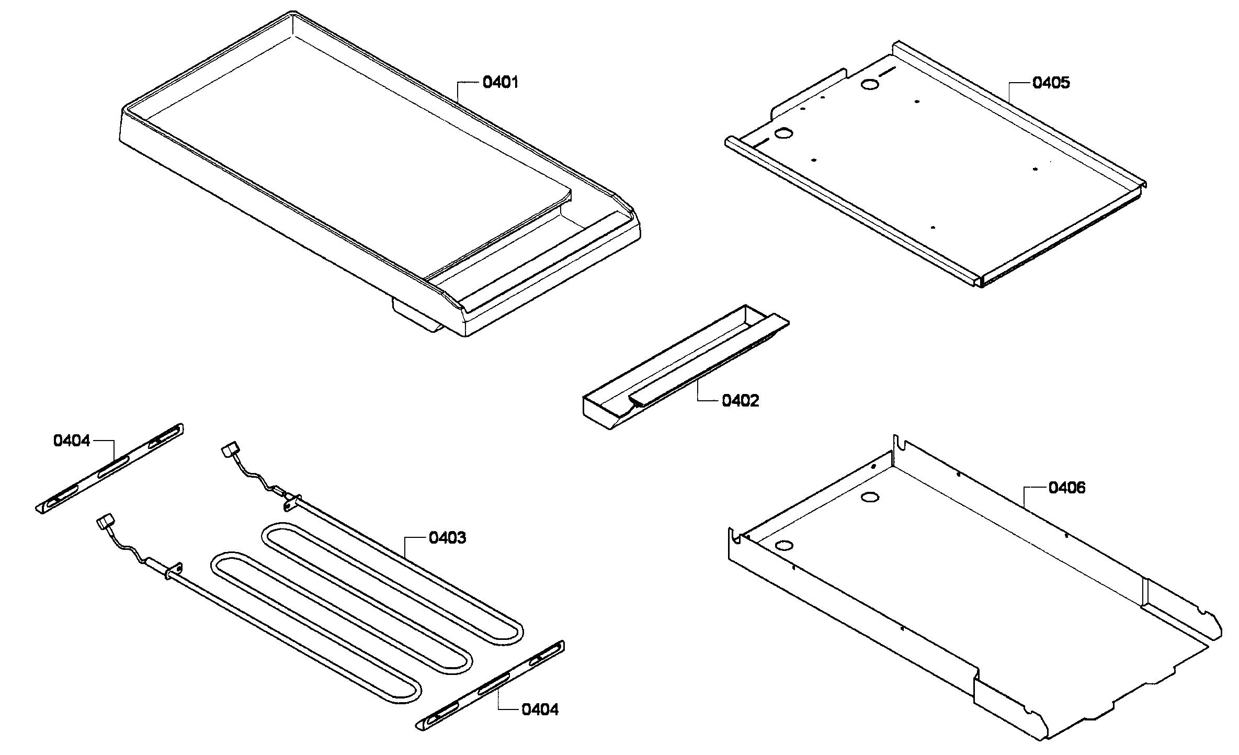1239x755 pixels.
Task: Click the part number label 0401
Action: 500,83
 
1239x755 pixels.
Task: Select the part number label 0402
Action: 740,401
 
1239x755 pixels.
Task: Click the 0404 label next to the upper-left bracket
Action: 72,441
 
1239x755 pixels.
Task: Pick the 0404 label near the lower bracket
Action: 540,710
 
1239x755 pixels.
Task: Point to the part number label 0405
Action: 1051,83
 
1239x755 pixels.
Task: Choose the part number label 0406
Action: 1066,488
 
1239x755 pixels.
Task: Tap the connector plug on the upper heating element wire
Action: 230,449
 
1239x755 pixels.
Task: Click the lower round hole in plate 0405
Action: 783,134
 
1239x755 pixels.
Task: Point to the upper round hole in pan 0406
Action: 870,498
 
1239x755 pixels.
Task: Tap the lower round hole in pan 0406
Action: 783,546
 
